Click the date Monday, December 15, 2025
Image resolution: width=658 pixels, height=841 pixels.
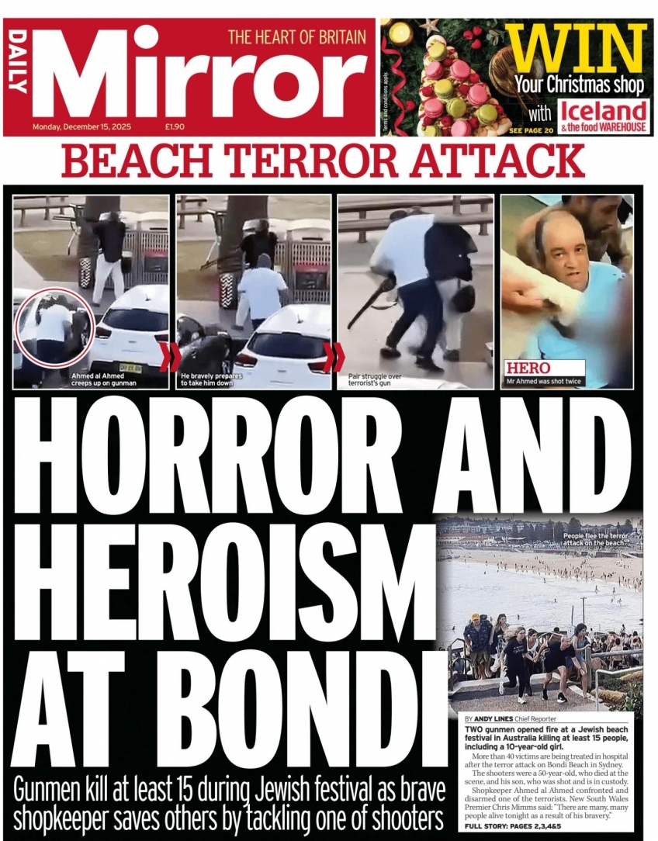tap(87, 126)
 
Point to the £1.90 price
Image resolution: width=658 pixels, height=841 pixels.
tap(174, 126)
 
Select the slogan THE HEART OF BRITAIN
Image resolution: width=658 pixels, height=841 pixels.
tap(296, 36)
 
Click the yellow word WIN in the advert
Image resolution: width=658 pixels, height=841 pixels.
tap(578, 48)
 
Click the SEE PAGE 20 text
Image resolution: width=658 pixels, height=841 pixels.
tap(531, 130)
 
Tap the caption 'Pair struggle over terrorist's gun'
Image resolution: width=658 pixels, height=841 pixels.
tap(376, 379)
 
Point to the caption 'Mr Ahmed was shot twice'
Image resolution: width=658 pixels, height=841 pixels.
tap(543, 382)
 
